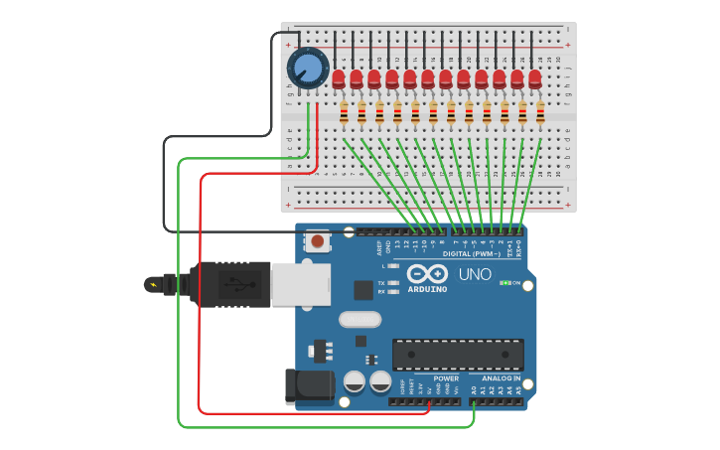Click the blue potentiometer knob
307,69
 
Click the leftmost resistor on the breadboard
345,114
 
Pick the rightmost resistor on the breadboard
540,114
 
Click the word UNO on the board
475,274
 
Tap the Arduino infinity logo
426,274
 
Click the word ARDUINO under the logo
426,290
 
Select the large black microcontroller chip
458,355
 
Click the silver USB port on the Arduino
301,284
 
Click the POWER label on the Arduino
446,377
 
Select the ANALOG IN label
502,377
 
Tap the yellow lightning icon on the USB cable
152,285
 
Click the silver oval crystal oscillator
360,320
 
